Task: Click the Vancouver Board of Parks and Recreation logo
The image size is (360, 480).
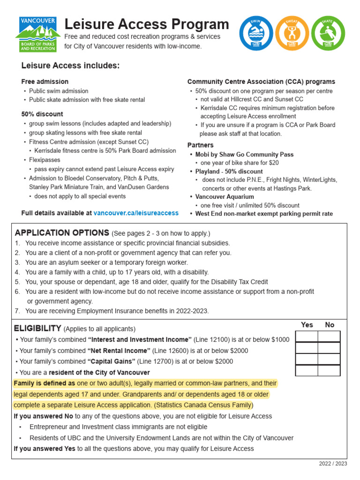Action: (x=37, y=34)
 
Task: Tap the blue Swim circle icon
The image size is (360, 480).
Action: (x=256, y=34)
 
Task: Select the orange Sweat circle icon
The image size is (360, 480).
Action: (x=292, y=34)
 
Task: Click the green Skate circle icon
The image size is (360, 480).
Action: (x=328, y=34)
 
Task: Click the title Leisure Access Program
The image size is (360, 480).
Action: (x=146, y=24)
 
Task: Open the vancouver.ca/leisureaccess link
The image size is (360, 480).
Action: (x=136, y=213)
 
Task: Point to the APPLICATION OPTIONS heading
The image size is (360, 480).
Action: (x=62, y=233)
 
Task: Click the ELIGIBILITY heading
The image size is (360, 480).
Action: (x=37, y=328)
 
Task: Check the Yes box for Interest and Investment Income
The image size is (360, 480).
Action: (x=306, y=337)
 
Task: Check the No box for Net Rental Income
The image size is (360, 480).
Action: (x=329, y=348)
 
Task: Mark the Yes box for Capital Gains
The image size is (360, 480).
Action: (x=306, y=359)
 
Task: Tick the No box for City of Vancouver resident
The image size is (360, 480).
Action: (x=329, y=370)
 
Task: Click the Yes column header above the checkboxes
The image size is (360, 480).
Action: (x=307, y=325)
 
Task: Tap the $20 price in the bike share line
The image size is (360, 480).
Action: (x=273, y=163)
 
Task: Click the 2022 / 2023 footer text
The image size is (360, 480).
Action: (x=333, y=464)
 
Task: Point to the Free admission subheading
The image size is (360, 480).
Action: (x=45, y=82)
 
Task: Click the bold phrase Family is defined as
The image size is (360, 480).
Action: (x=45, y=383)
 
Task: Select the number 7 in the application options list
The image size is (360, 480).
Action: (x=17, y=311)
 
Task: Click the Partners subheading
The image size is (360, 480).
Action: (x=200, y=145)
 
